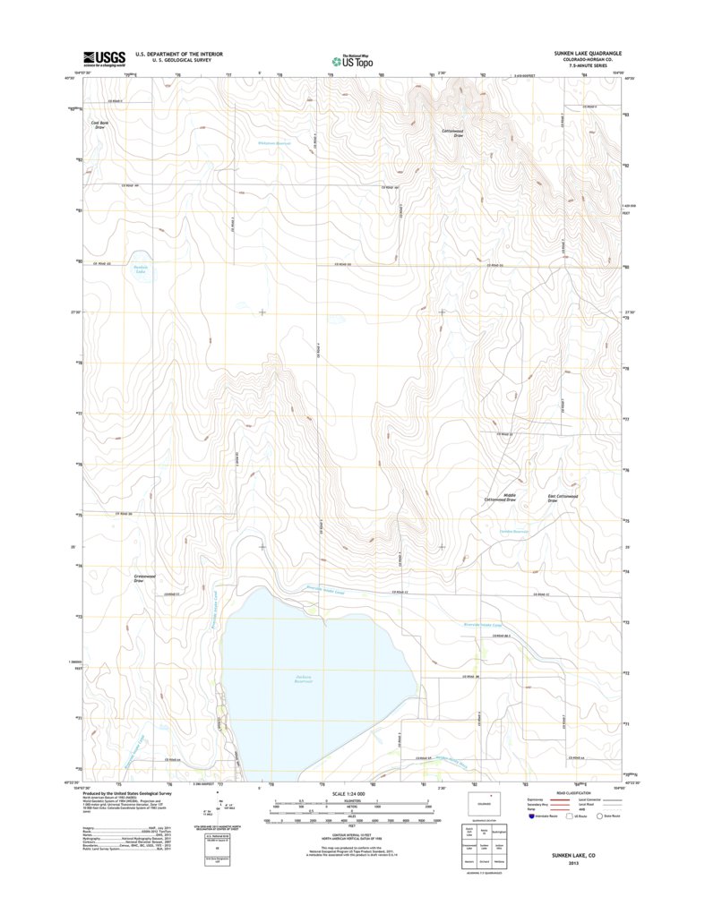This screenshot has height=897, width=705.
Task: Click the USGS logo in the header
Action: pyautogui.click(x=104, y=58)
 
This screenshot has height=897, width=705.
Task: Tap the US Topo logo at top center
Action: pyautogui.click(x=350, y=61)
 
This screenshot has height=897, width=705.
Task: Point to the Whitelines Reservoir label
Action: pyautogui.click(x=275, y=143)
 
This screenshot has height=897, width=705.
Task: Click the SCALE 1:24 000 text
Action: pyautogui.click(x=352, y=794)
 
